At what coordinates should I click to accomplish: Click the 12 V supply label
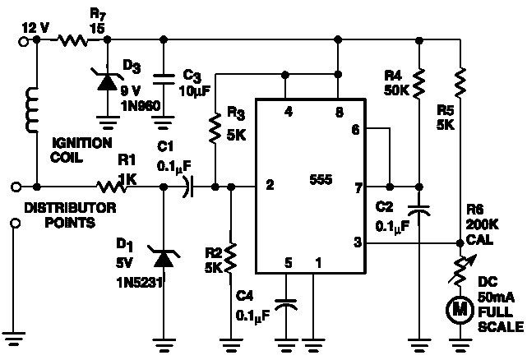pyautogui.click(x=35, y=28)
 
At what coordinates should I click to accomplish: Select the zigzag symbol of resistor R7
pyautogui.click(x=72, y=40)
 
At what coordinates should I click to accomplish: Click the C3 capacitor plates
pyautogui.click(x=164, y=80)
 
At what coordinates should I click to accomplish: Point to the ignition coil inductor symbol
pyautogui.click(x=33, y=110)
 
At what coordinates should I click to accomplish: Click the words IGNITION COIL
pyautogui.click(x=81, y=150)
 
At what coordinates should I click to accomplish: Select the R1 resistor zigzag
pyautogui.click(x=111, y=187)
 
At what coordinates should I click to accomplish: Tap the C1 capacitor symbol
pyautogui.click(x=188, y=187)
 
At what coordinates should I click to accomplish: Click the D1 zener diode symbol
pyautogui.click(x=164, y=257)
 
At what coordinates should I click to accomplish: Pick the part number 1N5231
pyautogui.click(x=140, y=283)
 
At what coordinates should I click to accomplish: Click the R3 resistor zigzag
pyautogui.click(x=215, y=128)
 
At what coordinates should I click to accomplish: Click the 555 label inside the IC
pyautogui.click(x=321, y=180)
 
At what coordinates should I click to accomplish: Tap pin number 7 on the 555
pyautogui.click(x=358, y=188)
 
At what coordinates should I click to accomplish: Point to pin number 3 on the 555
pyautogui.click(x=358, y=242)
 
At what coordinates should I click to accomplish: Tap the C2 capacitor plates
pyautogui.click(x=419, y=210)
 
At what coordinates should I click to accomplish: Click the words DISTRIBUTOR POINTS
pyautogui.click(x=70, y=215)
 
